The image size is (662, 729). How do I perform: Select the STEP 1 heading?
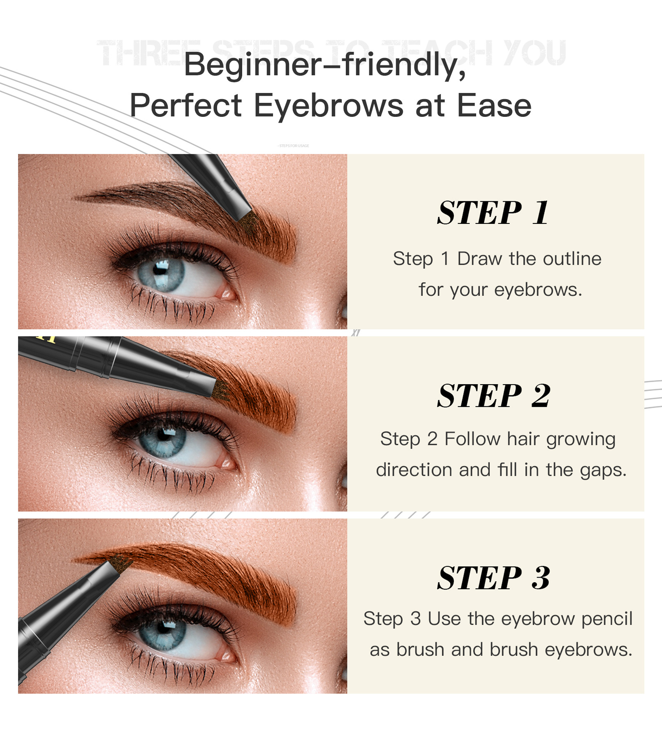click(493, 213)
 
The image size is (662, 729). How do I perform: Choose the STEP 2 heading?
click(493, 396)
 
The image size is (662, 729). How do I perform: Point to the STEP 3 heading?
click(493, 578)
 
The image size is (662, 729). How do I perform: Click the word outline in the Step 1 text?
click(572, 259)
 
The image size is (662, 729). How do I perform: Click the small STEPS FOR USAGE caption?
click(293, 146)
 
